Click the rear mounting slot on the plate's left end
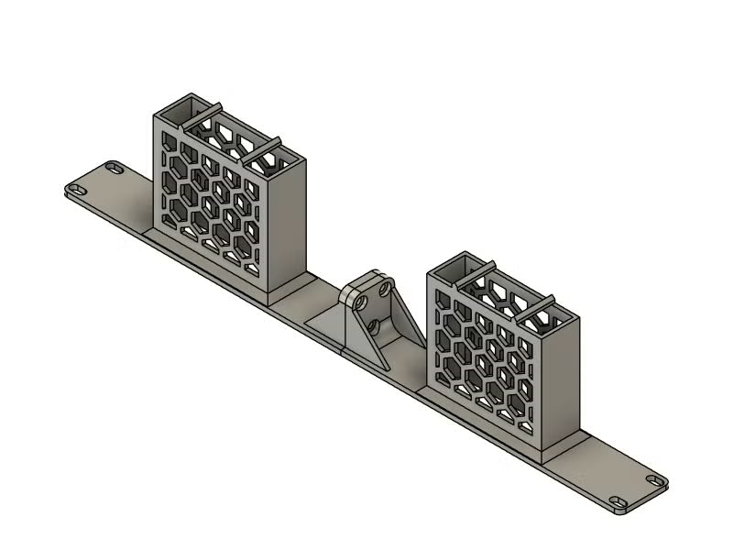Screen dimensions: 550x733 pos(113,168)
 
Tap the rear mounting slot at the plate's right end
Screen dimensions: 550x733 pos(653,479)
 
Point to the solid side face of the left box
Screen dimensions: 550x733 pos(287,225)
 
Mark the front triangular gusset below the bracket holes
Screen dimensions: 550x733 pos(365,344)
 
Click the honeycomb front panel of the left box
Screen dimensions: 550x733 pos(211,197)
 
